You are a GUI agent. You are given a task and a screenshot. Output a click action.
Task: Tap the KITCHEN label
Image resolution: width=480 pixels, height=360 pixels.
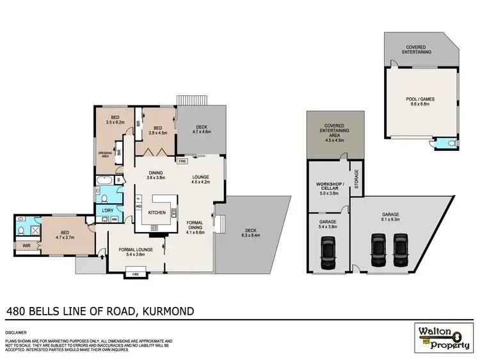tap(157, 212)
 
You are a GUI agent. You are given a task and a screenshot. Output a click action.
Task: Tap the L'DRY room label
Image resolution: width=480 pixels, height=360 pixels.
tap(102, 209)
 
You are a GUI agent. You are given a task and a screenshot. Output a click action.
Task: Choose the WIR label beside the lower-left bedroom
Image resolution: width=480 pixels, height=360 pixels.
tap(26, 244)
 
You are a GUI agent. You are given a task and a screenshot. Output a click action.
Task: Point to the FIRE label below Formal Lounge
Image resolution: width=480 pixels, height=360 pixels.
tap(135, 274)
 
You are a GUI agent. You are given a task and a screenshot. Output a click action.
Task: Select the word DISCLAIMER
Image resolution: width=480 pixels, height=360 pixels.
tap(16, 333)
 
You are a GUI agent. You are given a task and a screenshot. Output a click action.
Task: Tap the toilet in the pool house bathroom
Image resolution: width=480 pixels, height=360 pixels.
tap(452, 143)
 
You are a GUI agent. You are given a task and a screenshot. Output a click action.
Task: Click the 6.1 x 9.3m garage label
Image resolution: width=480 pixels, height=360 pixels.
tap(390, 217)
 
